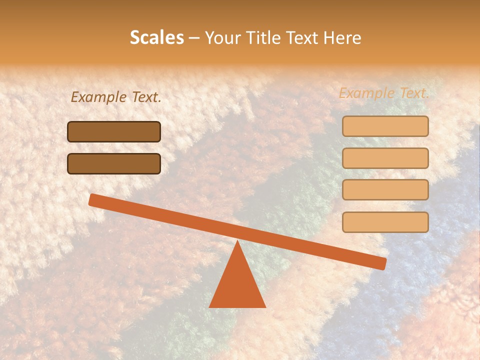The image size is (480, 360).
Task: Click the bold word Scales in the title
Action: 156,37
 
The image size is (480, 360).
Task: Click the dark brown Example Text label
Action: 116,97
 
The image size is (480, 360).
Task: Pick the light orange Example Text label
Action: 384,93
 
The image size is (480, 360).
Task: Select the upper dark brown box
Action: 114,131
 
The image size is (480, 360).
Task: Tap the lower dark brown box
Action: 114,163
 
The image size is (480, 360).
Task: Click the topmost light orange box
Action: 385,126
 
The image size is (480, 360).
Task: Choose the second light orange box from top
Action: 385,158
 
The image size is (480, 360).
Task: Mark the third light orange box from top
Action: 385,190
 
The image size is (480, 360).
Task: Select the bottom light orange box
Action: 385,222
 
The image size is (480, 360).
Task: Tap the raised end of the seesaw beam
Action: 93,199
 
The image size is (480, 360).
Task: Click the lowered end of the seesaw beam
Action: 382,263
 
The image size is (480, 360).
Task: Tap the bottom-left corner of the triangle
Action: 210,306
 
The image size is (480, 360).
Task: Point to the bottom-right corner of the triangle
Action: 265,306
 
